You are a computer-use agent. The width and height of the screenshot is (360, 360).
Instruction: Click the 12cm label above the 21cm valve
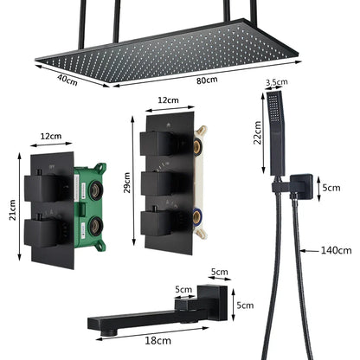coord(52,136)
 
